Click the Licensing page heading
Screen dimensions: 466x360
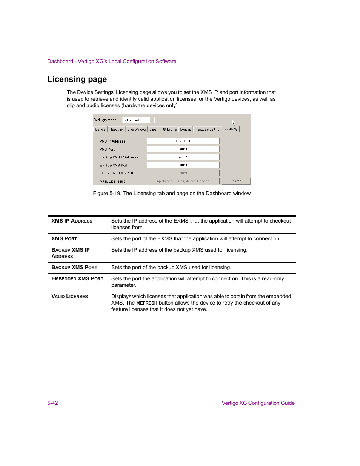tap(77, 79)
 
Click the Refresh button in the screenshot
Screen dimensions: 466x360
tap(235, 181)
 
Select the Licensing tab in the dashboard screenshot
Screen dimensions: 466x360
tap(231, 129)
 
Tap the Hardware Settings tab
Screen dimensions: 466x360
tap(208, 129)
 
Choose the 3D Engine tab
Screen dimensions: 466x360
tap(169, 129)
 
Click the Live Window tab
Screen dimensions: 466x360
tap(137, 129)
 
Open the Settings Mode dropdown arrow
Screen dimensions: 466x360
tap(152, 120)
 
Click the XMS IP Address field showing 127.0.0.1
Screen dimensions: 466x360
tap(183, 141)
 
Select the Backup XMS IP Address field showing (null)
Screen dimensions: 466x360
tap(183, 157)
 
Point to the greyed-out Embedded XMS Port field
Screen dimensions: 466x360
tap(183, 173)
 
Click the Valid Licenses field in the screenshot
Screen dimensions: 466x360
tap(183, 181)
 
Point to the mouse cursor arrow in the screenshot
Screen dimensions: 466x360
tap(234, 123)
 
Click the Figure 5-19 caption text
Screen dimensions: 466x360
tap(172, 193)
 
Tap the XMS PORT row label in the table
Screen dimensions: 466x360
tap(64, 239)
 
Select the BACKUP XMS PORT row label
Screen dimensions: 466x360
tap(74, 268)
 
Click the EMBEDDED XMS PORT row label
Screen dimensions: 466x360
tap(77, 279)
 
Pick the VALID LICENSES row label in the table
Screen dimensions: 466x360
tap(69, 297)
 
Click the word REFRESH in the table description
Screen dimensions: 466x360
tap(147, 303)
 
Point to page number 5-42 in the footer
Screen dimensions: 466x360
tap(53, 403)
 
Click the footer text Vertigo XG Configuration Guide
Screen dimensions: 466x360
tap(258, 403)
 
